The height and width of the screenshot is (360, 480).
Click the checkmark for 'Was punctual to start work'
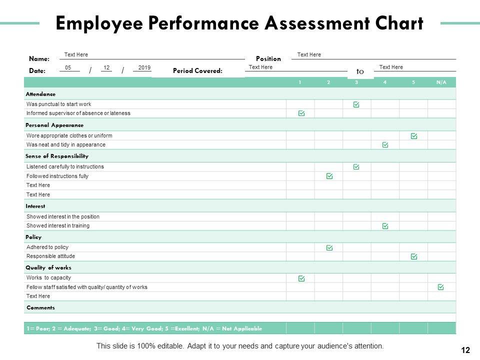pos(356,104)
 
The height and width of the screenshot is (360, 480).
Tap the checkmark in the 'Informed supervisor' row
pos(301,113)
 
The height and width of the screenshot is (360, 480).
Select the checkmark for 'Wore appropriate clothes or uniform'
pos(414,135)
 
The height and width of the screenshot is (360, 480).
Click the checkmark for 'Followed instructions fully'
pos(329,176)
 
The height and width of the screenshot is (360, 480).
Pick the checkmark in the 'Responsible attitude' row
pos(414,256)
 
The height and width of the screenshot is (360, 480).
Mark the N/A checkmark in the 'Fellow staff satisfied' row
pos(440,287)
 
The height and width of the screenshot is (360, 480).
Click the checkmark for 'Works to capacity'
pos(301,278)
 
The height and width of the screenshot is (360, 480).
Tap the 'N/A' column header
pos(441,82)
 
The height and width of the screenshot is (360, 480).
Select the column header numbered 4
pos(385,82)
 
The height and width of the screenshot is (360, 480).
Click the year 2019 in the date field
pos(144,67)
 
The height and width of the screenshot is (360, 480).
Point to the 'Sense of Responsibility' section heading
pos(57,156)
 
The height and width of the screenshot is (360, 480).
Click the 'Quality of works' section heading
pos(49,267)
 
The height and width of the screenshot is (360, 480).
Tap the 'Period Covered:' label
pos(197,71)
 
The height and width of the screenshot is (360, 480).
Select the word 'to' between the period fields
pos(360,71)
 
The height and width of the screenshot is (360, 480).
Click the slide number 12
pos(465,350)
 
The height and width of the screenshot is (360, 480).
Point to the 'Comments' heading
pos(40,307)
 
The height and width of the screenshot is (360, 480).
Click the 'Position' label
pos(268,58)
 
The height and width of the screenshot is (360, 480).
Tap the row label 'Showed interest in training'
pos(58,225)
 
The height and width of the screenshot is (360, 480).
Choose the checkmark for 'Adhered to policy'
pos(329,247)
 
